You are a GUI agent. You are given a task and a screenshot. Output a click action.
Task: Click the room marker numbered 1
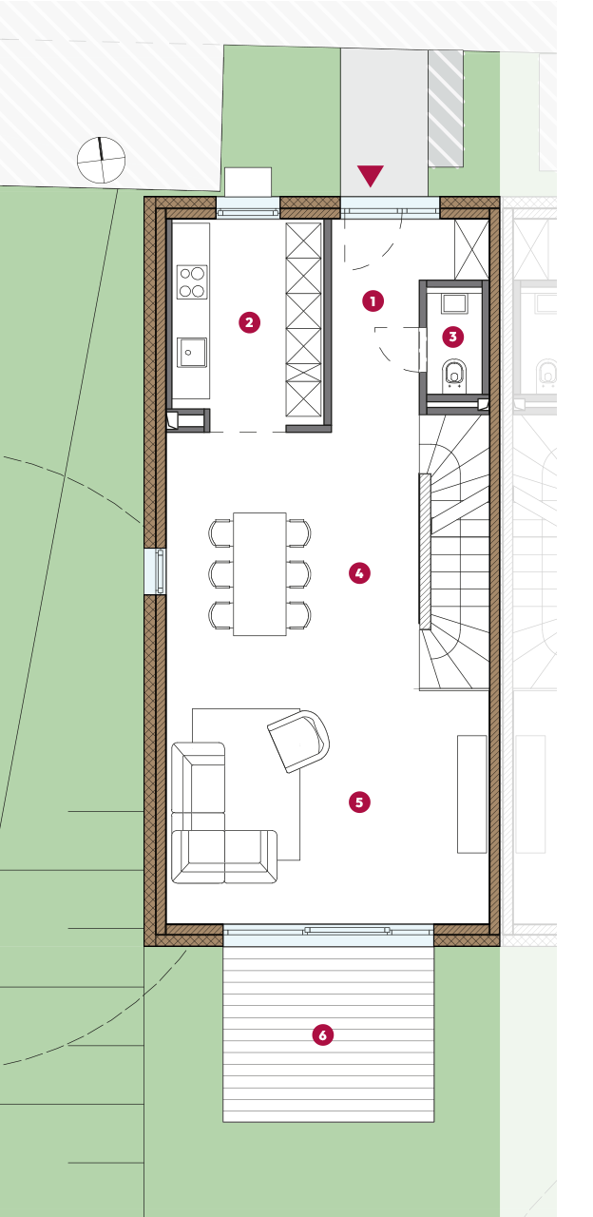(373, 300)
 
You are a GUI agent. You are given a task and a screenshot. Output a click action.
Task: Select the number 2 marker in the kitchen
(249, 322)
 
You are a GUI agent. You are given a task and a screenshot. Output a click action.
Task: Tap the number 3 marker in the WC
(453, 337)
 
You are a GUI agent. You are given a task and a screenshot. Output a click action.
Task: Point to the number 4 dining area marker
(359, 572)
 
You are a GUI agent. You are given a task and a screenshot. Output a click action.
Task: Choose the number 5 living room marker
(359, 802)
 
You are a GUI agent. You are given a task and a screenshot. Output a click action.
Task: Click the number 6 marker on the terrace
(322, 1034)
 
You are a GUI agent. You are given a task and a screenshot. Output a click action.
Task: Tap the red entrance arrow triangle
(371, 176)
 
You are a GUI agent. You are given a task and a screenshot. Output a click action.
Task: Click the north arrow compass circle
(101, 160)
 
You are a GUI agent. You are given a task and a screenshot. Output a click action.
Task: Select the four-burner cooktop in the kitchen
(192, 282)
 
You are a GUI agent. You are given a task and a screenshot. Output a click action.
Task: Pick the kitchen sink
(192, 352)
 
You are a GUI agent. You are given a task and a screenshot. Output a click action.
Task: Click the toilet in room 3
(454, 375)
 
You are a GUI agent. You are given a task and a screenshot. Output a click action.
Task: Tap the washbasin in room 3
(453, 303)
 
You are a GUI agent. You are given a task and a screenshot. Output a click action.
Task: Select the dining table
(259, 573)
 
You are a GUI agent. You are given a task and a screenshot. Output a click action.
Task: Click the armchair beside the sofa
(299, 740)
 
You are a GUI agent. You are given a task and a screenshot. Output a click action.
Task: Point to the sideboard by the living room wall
(472, 794)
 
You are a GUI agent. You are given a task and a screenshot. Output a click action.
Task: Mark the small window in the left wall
(155, 571)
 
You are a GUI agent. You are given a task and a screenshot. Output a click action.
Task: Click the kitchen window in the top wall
(248, 208)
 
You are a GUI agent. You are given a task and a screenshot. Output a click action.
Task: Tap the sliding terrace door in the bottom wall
(328, 935)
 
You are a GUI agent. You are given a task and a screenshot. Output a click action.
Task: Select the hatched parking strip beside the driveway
(446, 108)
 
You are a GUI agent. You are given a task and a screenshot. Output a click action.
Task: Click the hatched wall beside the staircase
(425, 551)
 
